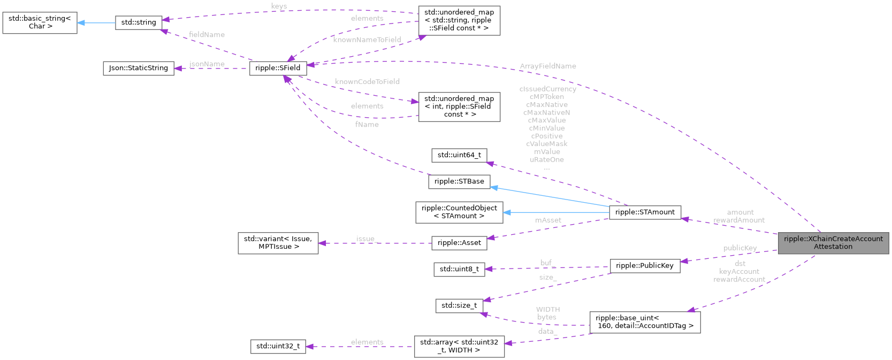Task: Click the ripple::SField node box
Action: [278, 68]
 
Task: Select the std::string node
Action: [139, 22]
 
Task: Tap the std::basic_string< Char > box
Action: [40, 22]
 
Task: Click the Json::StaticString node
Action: [138, 68]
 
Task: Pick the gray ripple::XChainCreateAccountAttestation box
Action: [833, 243]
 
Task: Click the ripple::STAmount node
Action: [645, 212]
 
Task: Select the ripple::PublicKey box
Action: [644, 266]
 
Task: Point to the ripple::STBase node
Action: [459, 181]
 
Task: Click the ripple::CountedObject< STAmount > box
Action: [459, 212]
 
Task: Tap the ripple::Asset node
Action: [459, 243]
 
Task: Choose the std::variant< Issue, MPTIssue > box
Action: [278, 243]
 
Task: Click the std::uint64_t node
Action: [459, 155]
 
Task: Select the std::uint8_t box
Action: [459, 269]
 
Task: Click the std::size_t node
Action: [459, 305]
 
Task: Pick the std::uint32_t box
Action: [278, 346]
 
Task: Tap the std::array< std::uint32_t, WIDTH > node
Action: [459, 346]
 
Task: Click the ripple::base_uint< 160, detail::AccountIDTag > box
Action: [644, 322]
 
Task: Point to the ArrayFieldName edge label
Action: [548, 66]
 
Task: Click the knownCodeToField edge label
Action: [367, 82]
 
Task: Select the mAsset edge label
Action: [548, 220]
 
